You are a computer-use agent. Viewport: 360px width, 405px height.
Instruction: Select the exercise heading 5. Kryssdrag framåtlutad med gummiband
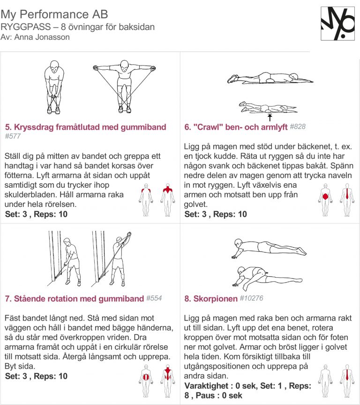click(85, 127)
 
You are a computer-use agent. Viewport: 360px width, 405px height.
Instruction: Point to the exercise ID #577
click(13, 136)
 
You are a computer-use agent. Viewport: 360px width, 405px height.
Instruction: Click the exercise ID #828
click(298, 127)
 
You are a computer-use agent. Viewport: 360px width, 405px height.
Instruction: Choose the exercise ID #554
click(154, 298)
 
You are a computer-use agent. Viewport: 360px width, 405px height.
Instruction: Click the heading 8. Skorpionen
click(210, 298)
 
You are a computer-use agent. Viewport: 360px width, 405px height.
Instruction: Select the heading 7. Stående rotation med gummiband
click(74, 299)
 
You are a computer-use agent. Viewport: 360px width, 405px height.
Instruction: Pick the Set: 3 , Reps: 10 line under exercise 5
click(36, 214)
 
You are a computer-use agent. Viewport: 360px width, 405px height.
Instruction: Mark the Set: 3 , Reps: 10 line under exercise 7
click(36, 376)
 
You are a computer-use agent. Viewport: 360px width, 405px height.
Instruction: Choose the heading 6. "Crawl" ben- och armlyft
click(236, 127)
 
